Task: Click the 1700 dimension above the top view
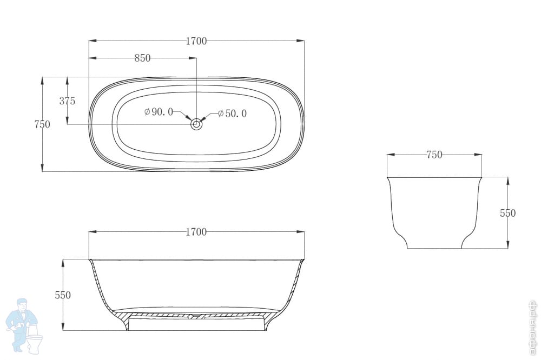196,41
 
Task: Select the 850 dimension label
142,58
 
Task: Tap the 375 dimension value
67,101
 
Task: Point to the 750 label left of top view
42,124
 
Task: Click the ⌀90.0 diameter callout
159,112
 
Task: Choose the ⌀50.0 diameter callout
232,114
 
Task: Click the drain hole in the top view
196,124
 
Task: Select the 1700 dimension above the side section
196,232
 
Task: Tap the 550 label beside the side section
63,295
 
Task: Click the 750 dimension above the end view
434,155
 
